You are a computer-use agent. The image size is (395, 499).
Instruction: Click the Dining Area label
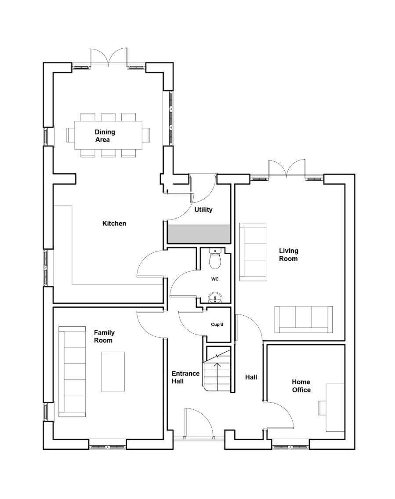pyautogui.click(x=105, y=136)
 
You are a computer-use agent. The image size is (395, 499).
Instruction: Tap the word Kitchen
pyautogui.click(x=114, y=223)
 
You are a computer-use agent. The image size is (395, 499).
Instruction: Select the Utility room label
pyautogui.click(x=203, y=210)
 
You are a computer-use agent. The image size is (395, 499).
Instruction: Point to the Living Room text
pyautogui.click(x=289, y=255)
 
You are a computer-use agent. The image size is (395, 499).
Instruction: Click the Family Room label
pyautogui.click(x=104, y=337)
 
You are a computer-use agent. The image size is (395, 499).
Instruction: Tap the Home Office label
pyautogui.click(x=301, y=386)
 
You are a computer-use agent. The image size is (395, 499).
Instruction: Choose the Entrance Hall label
pyautogui.click(x=185, y=377)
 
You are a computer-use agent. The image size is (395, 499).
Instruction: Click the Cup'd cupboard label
pyautogui.click(x=217, y=324)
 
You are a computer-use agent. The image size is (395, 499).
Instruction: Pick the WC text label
pyautogui.click(x=215, y=279)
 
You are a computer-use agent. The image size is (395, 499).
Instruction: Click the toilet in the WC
pyautogui.click(x=215, y=259)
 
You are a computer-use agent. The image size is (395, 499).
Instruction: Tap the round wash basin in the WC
pyautogui.click(x=215, y=299)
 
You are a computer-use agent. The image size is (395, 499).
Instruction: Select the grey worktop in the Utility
pyautogui.click(x=199, y=234)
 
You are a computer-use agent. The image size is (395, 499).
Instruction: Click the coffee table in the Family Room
pyautogui.click(x=113, y=372)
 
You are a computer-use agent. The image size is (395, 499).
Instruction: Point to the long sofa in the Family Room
pyautogui.click(x=72, y=372)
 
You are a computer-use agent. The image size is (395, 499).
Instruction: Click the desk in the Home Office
pyautogui.click(x=335, y=408)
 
